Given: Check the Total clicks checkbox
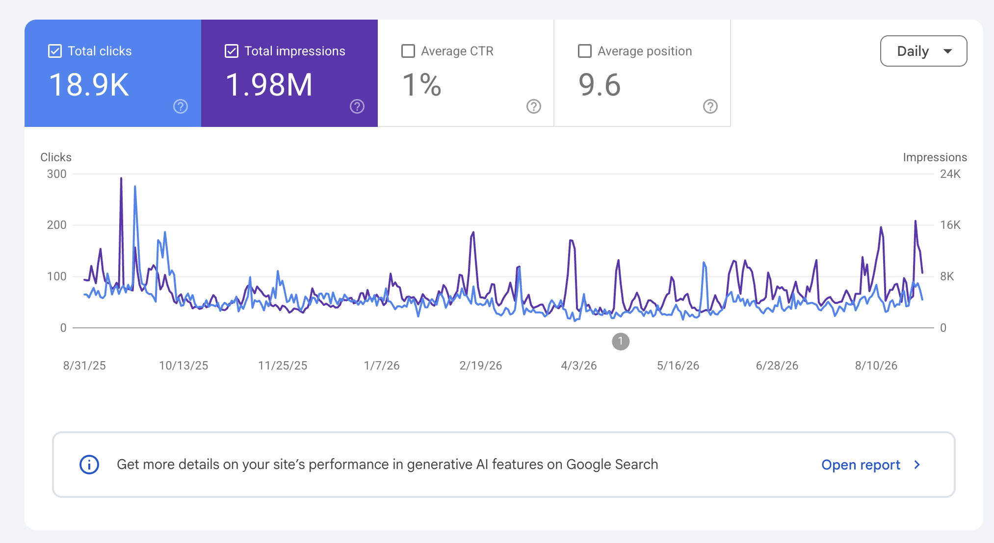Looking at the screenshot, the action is [x=55, y=51].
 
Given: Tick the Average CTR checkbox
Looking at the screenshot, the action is [x=408, y=51].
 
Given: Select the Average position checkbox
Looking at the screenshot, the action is [x=585, y=51].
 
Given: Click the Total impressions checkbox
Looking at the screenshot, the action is [x=232, y=51].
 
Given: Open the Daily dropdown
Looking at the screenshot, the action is [x=923, y=51].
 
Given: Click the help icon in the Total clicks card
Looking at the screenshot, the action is [x=181, y=106].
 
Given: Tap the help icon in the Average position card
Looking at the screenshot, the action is [x=710, y=106].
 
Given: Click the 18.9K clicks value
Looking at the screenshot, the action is [x=89, y=85].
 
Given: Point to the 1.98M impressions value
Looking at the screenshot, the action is [x=269, y=85].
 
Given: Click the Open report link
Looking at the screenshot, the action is [x=861, y=465].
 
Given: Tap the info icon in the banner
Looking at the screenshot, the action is [x=89, y=465].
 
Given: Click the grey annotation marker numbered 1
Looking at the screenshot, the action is [x=621, y=342].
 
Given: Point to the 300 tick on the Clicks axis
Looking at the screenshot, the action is [x=57, y=174].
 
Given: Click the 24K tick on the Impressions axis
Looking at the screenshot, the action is [x=950, y=174].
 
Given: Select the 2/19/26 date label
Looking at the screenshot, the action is [x=481, y=366].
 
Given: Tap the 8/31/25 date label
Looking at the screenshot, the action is [x=84, y=366].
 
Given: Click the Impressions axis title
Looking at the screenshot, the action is [x=935, y=157].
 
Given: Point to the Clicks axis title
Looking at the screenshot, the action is [x=56, y=157].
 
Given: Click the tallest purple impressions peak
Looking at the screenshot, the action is [x=121, y=178].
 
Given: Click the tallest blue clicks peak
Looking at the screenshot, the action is [x=135, y=187].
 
